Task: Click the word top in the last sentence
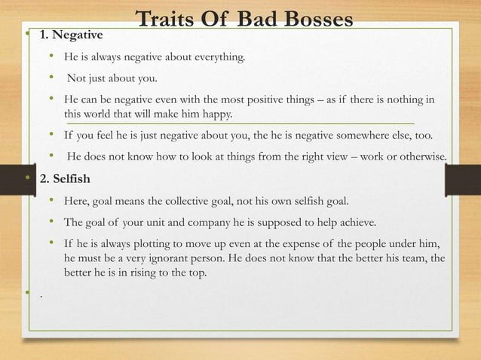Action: (193, 272)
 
